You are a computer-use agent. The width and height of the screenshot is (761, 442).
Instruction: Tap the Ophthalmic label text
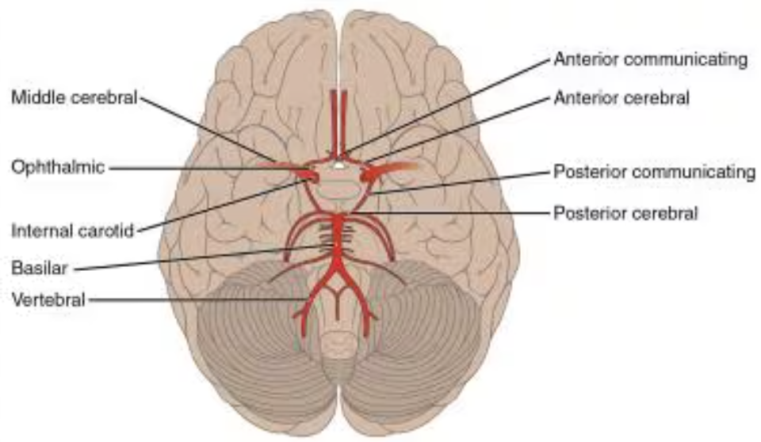58,167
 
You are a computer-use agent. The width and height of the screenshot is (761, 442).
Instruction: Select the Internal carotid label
73,232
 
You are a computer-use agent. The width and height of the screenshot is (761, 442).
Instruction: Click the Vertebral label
48,299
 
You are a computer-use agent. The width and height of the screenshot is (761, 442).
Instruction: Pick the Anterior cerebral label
621,98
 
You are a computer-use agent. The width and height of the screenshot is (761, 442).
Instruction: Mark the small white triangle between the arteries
338,166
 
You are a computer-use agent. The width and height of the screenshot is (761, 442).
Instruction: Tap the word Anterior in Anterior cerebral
579,98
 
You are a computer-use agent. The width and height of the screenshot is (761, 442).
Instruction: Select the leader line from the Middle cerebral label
206,130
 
